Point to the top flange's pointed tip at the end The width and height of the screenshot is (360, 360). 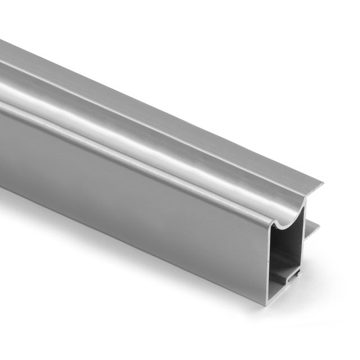click(322, 183)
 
